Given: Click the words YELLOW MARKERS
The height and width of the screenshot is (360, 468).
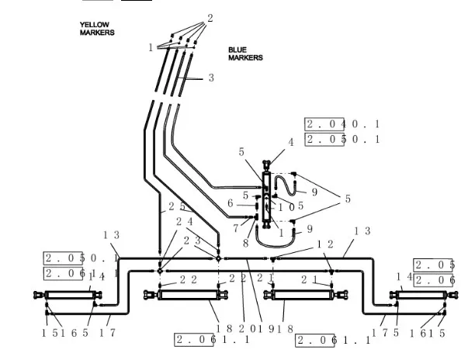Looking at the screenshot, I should (97, 29).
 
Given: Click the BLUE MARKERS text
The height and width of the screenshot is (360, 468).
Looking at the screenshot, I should (245, 54).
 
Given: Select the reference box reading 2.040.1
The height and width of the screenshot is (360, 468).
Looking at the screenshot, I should (342, 124).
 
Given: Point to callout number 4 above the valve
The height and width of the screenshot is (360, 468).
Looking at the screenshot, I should (291, 142).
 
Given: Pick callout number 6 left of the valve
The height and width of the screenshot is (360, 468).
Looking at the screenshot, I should (230, 203).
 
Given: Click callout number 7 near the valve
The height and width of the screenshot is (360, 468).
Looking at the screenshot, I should (235, 228).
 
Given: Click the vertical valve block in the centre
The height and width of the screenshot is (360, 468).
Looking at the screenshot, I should (266, 199).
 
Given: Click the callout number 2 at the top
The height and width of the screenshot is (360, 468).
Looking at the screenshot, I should (210, 17).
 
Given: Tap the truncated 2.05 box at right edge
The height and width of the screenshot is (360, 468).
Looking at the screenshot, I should (433, 265).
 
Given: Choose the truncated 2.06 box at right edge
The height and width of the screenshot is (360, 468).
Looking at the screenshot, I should (433, 280).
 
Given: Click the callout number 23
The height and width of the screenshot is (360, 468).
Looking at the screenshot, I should (191, 241).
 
